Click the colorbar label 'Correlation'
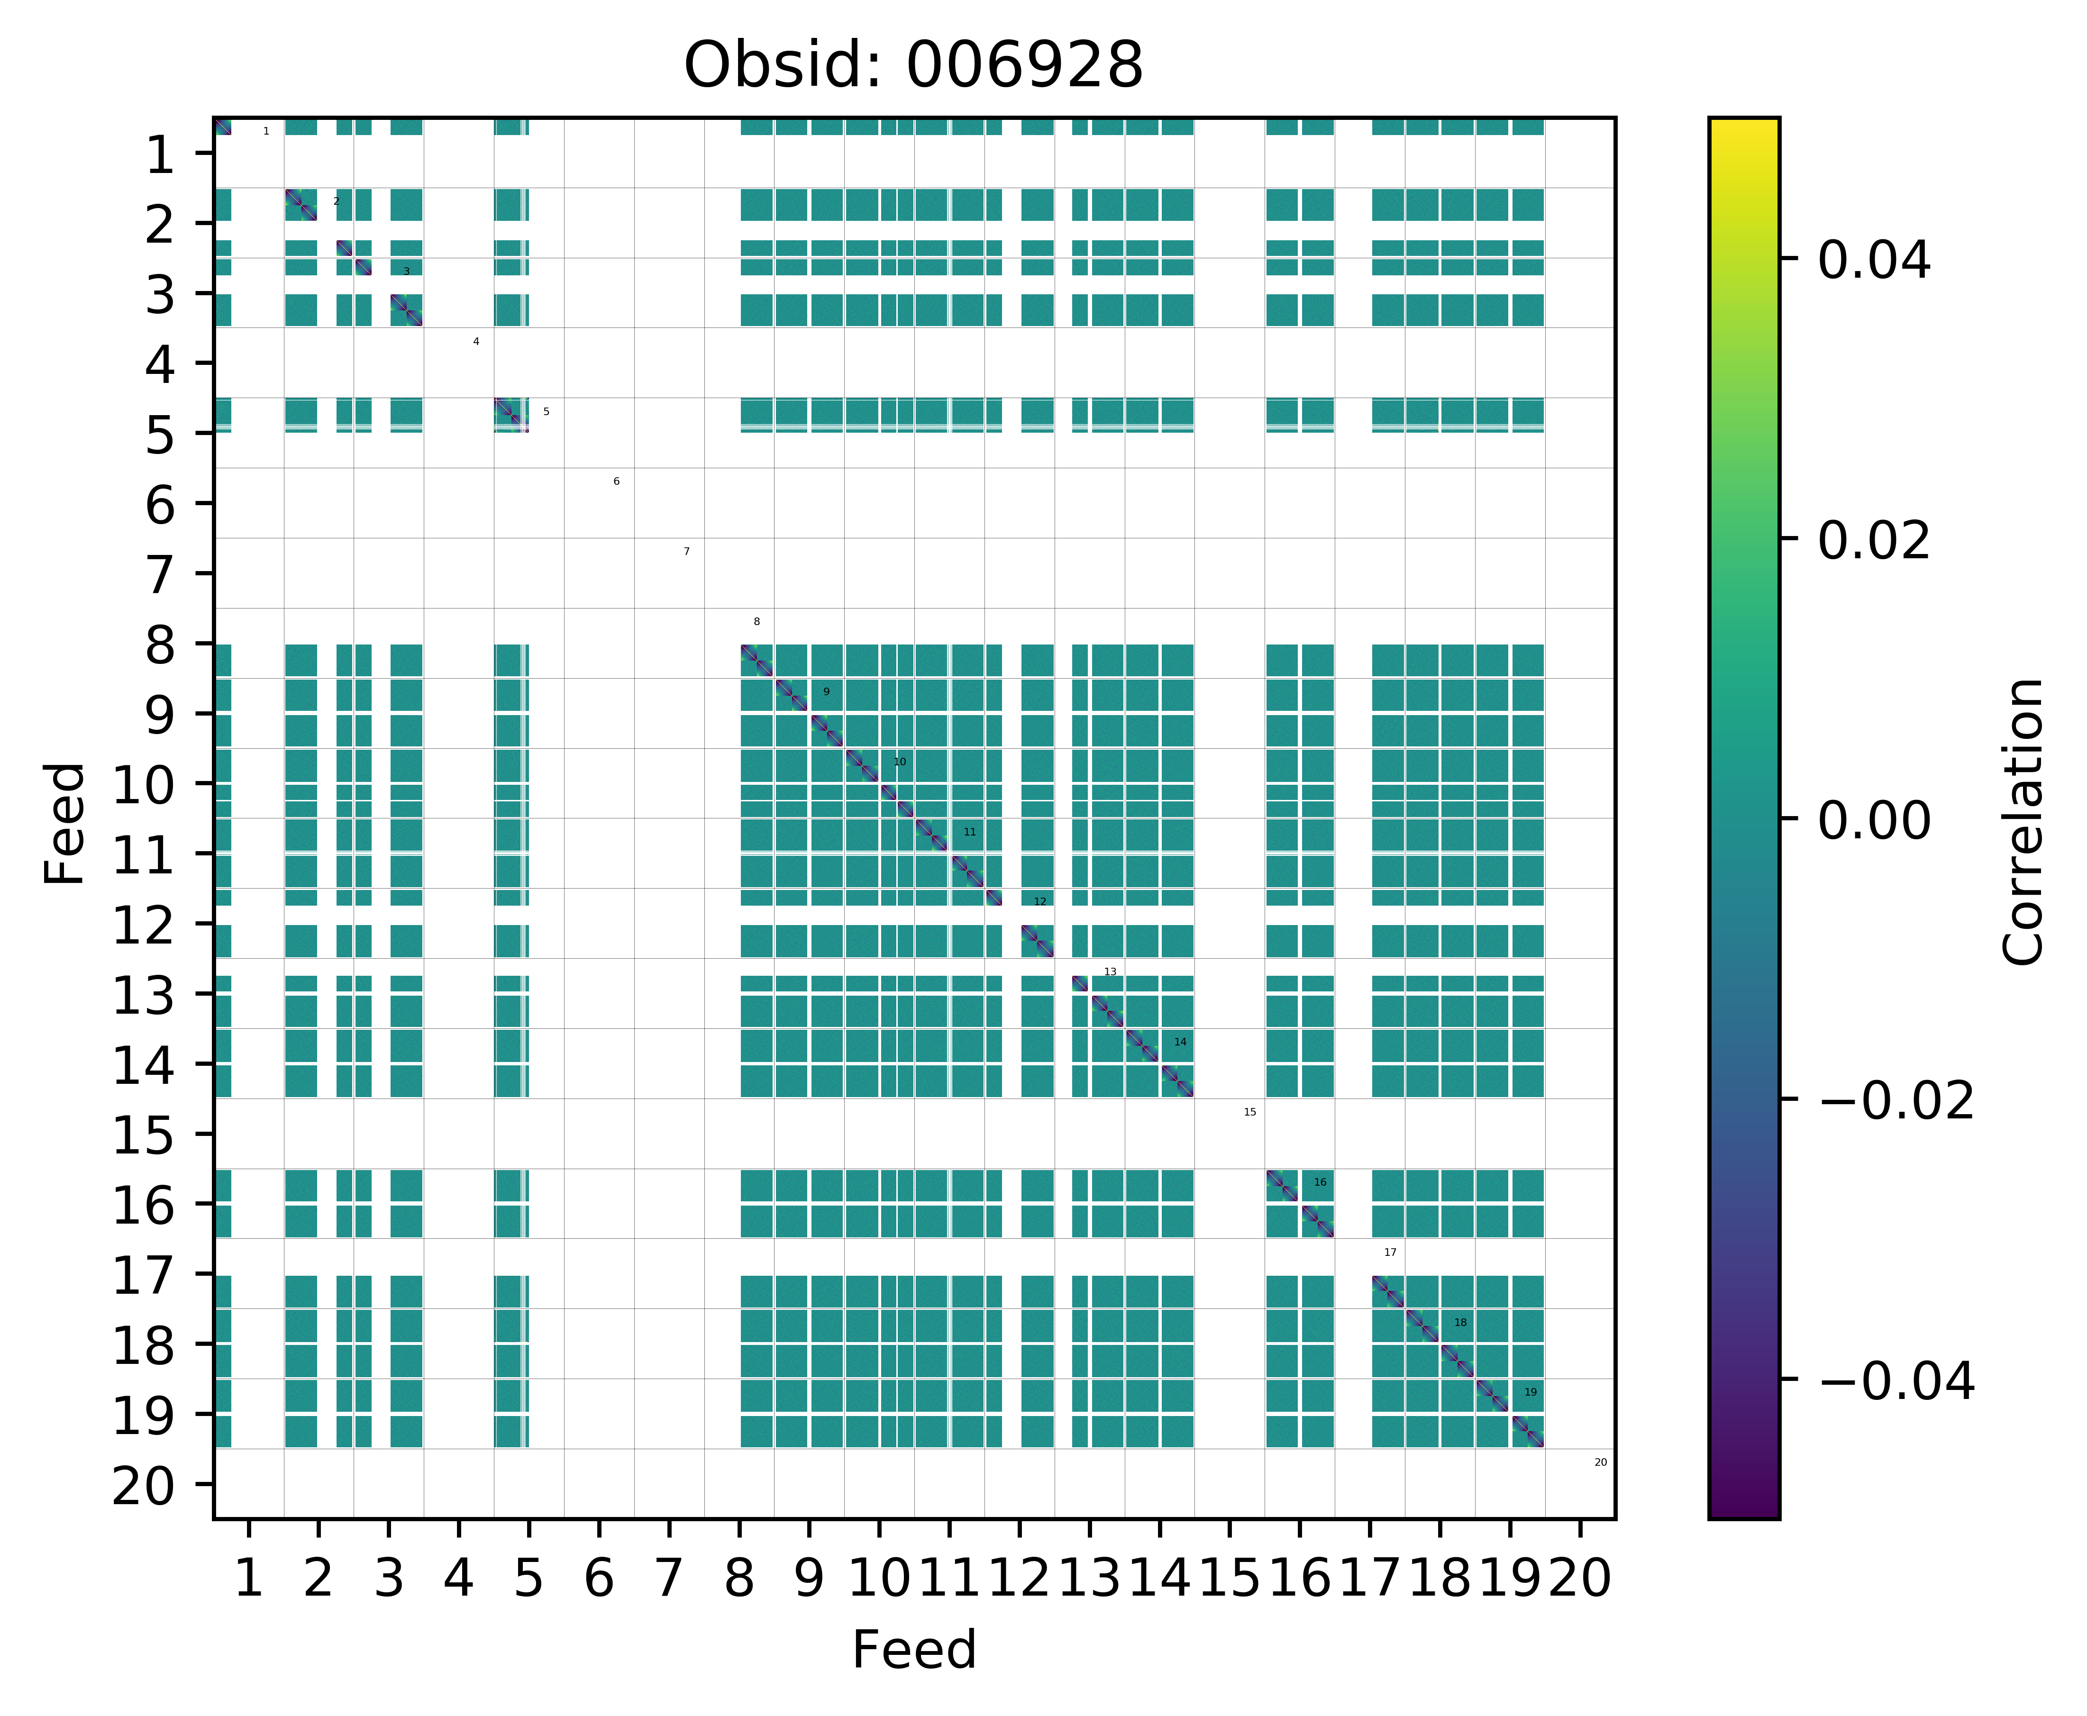tap(2023, 820)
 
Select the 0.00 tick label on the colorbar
tap(1873, 820)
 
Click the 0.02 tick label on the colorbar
tap(1873, 541)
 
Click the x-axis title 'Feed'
tap(913, 1650)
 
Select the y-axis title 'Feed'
tap(65, 822)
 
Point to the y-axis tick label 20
tap(146, 1486)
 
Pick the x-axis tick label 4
tap(458, 1579)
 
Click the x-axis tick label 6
tap(598, 1579)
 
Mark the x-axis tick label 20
tap(1580, 1579)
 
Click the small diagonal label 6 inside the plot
tap(616, 481)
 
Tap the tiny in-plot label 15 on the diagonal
tap(1249, 1112)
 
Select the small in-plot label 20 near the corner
tap(1601, 1462)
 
